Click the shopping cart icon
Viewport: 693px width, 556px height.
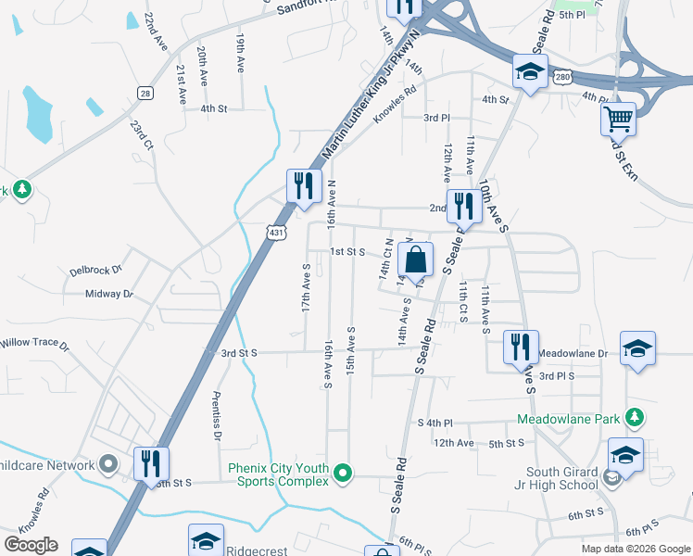[618, 119]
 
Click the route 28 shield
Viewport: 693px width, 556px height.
[145, 92]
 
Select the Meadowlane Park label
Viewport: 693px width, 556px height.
[568, 419]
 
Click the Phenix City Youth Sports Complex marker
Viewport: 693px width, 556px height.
[343, 474]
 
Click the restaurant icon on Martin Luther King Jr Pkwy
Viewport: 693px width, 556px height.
[303, 185]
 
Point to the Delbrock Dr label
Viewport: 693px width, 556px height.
[95, 272]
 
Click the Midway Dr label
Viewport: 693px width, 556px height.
[109, 294]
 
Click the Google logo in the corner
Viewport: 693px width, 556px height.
[31, 544]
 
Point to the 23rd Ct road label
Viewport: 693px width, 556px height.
[141, 135]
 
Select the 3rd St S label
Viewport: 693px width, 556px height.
[238, 353]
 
